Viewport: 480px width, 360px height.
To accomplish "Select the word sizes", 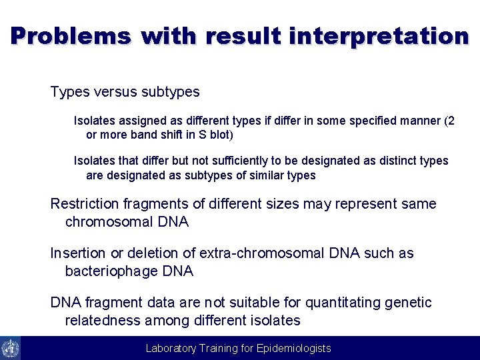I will point(282,204).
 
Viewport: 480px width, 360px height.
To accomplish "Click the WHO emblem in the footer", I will point(10,348).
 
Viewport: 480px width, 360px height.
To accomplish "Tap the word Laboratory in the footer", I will point(171,348).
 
